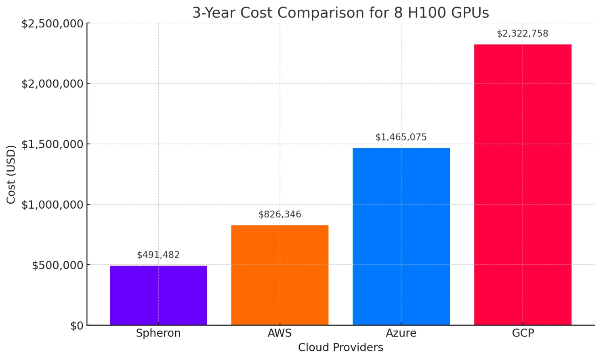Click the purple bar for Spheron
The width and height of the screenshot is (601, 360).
coord(158,295)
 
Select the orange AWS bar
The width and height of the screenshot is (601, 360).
coord(279,275)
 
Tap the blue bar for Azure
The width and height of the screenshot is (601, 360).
coord(401,236)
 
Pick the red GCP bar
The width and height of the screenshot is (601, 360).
coord(523,184)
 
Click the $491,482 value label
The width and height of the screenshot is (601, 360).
coord(158,255)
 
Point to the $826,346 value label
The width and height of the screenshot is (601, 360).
coord(279,214)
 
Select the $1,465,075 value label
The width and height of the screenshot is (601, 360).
coord(401,137)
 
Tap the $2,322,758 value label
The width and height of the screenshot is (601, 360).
coord(523,33)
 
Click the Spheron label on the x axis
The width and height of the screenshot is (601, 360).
coord(158,333)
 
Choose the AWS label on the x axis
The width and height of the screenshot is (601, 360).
coord(279,333)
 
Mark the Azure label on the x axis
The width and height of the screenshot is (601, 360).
coord(401,333)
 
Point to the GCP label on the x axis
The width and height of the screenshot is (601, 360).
coord(523,333)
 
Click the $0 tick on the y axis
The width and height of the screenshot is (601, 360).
coord(77,326)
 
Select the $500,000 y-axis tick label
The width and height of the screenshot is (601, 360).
coord(58,265)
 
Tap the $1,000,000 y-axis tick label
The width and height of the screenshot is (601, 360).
coord(53,205)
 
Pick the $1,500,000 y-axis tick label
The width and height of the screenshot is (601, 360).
coord(53,144)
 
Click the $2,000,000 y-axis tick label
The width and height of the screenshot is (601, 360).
coord(53,84)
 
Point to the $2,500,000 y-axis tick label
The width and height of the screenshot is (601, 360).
coord(53,23)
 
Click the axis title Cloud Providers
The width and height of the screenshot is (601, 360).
coord(340,347)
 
